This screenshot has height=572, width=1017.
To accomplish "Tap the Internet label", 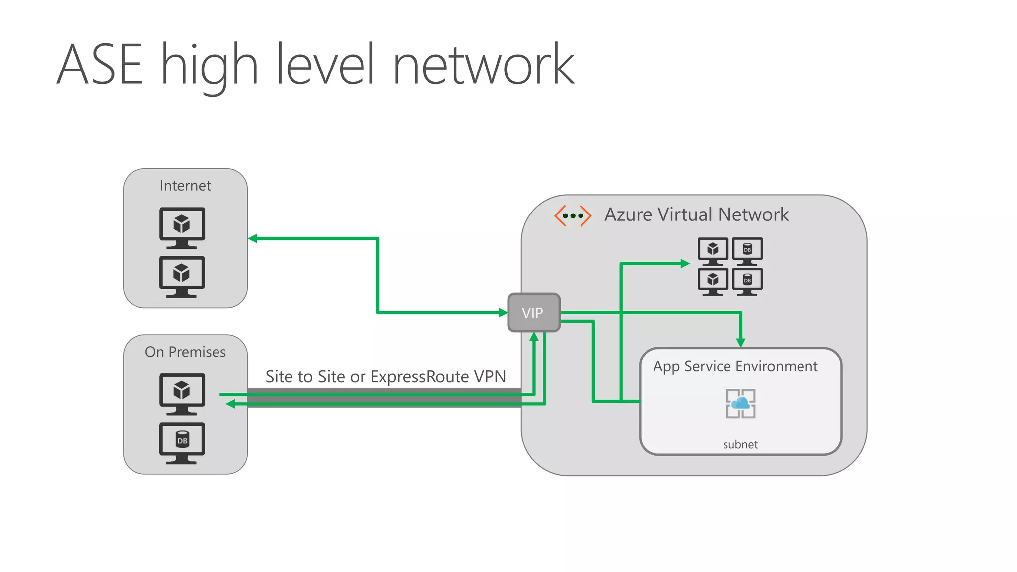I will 185,186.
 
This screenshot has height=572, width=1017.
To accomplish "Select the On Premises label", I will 185,352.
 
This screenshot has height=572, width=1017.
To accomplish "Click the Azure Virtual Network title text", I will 696,214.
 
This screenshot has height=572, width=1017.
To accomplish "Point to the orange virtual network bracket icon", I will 573,216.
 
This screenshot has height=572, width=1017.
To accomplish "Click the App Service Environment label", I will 735,366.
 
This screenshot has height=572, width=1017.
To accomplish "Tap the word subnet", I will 740,444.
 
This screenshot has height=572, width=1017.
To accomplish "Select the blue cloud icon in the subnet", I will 740,403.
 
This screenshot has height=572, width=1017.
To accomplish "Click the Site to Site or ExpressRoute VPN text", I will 385,376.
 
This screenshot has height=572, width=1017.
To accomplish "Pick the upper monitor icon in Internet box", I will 182,227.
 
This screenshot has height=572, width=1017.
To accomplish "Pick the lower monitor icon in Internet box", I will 182,276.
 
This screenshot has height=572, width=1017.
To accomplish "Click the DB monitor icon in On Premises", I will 182,442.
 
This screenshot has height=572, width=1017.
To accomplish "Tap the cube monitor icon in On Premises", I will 182,393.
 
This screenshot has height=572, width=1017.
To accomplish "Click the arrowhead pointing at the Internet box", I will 253,238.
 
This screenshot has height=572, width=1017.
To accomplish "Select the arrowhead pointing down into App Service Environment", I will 741,342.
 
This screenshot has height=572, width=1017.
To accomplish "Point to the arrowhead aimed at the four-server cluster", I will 685,264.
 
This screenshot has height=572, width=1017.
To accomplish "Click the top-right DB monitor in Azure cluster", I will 747,251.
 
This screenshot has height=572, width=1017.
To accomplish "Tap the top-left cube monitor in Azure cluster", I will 713,251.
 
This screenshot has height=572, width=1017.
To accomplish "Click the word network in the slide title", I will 483,65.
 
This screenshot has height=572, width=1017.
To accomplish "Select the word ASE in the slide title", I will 99,65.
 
